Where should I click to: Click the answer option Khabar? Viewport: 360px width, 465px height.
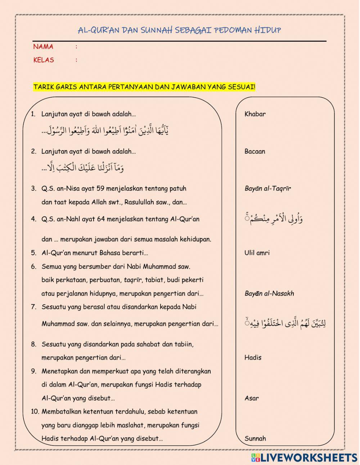(255, 114)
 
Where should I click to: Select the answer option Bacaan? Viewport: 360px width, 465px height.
(255, 152)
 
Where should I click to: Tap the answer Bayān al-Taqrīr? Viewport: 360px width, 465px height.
(267, 188)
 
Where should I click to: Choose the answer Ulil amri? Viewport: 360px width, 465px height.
(257, 253)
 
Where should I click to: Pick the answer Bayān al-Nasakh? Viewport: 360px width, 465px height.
(269, 294)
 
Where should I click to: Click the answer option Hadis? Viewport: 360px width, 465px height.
(253, 358)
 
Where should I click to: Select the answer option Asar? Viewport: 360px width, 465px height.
(251, 398)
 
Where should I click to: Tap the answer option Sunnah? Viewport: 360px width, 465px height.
(255, 439)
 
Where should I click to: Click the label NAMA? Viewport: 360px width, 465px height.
(43, 47)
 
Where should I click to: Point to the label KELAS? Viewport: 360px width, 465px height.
(44, 60)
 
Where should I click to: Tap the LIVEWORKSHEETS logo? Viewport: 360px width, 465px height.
(304, 457)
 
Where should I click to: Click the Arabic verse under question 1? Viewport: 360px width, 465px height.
(105, 130)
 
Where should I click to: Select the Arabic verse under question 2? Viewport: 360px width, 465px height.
(83, 167)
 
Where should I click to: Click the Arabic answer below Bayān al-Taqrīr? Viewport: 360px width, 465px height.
(274, 219)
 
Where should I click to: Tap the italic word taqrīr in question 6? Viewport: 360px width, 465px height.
(133, 280)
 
